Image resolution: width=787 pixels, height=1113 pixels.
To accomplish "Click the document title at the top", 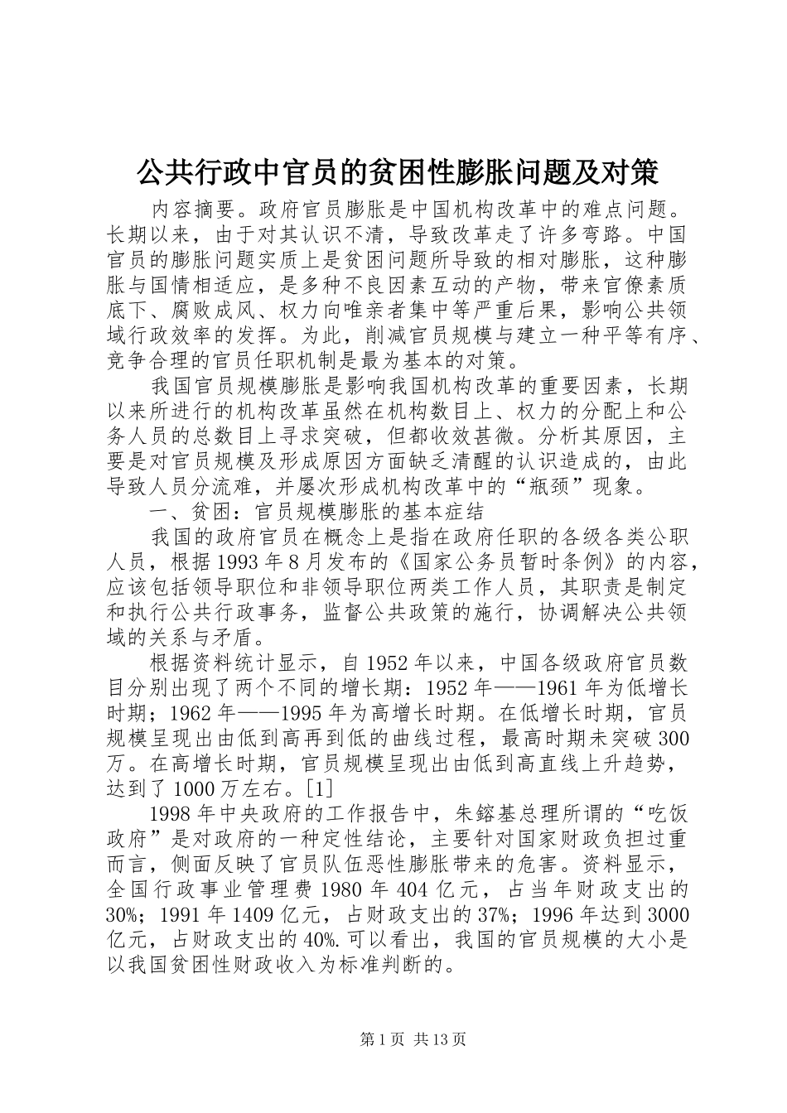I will point(396,171).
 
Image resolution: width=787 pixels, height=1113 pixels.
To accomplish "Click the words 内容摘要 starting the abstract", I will point(188,206).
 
